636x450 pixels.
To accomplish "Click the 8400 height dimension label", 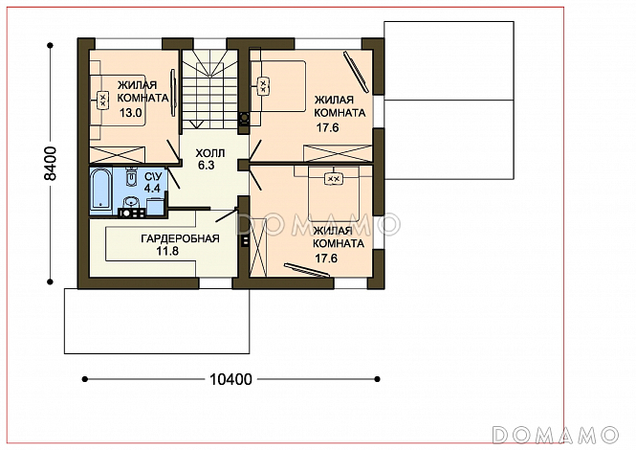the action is click(x=51, y=164).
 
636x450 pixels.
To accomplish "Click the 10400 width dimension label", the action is click(x=230, y=379).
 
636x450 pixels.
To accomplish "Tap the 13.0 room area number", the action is click(x=131, y=113).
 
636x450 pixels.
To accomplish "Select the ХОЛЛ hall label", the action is click(x=210, y=153).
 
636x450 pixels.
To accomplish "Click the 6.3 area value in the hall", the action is click(x=206, y=166).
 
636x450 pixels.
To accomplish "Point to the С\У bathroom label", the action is click(x=153, y=177).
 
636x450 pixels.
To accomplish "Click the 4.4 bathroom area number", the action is click(x=152, y=188).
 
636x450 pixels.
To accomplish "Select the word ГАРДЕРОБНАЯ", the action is click(x=180, y=238).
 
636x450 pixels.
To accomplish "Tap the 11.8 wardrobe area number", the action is click(x=167, y=252).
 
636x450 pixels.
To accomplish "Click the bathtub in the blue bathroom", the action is click(x=100, y=190).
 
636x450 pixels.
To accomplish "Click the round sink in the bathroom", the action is click(x=131, y=202).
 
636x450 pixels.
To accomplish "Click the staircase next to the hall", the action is click(x=209, y=89).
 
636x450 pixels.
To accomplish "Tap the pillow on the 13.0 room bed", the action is click(x=102, y=100).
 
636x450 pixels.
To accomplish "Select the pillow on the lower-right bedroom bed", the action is click(x=334, y=179).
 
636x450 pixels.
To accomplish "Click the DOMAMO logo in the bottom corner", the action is click(x=556, y=435).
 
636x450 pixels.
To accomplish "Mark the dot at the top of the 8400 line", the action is click(x=51, y=46).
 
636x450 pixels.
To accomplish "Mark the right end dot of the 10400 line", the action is click(x=377, y=379).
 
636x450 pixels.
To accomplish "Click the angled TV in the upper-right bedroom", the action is click(x=356, y=71).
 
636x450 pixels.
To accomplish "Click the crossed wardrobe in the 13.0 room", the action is click(x=117, y=154).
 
